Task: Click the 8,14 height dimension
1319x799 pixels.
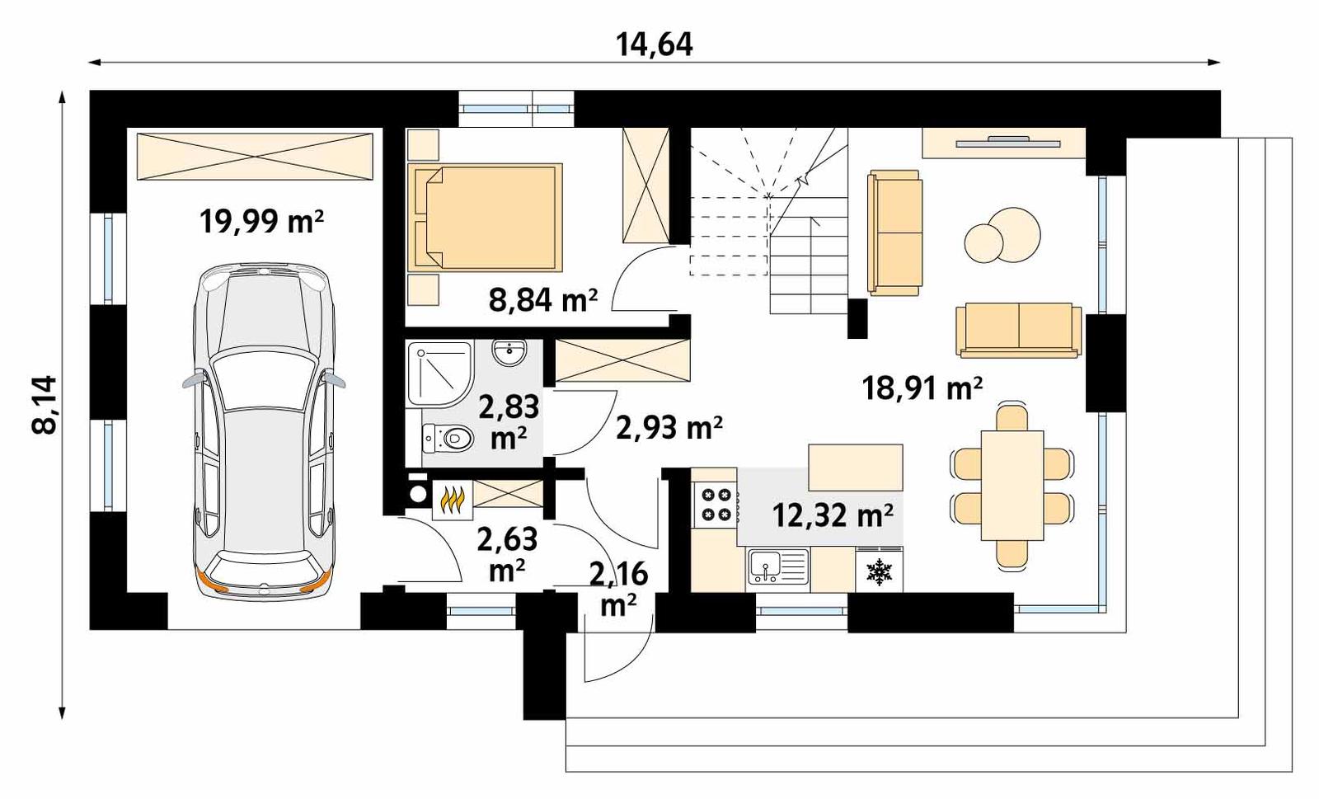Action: point(45,404)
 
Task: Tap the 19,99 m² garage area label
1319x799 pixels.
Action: point(261,221)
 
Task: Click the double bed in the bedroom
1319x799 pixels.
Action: point(485,217)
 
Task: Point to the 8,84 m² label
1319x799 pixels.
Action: point(542,300)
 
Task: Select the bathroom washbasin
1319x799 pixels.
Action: point(509,353)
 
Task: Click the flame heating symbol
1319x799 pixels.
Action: point(453,500)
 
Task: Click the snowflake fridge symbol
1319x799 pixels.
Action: point(880,571)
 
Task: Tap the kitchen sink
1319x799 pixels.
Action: point(777,567)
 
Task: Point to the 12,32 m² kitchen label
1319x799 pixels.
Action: point(833,515)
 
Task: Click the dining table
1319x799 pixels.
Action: point(1012,485)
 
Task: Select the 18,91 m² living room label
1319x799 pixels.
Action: point(922,387)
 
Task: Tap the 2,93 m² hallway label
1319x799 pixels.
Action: point(669,427)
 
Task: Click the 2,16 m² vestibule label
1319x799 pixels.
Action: point(618,588)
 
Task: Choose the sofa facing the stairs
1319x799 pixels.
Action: point(894,233)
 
